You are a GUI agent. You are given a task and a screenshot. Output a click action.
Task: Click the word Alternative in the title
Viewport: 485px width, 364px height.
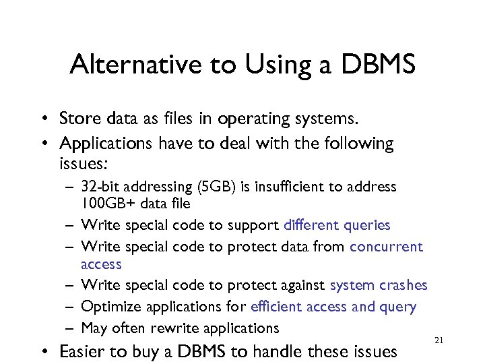[x=127, y=65]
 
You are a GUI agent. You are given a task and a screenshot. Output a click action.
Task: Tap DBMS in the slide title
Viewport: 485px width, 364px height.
[x=379, y=65]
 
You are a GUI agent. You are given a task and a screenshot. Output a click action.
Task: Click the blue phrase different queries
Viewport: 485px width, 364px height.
[x=337, y=225]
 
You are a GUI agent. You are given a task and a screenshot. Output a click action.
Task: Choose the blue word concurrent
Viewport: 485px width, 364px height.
[x=386, y=247]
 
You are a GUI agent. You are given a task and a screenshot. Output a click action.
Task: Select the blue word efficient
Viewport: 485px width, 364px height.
[x=276, y=307]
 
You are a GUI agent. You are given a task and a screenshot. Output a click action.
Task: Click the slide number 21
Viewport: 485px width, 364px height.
[x=439, y=340]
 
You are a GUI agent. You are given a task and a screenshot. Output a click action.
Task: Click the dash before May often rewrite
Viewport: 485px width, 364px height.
[x=69, y=329]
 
